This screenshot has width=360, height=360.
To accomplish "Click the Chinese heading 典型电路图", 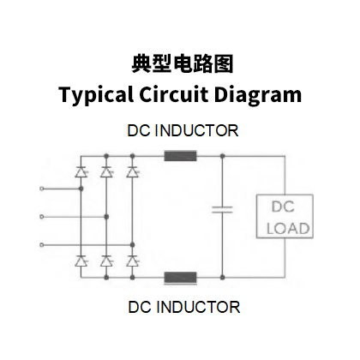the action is click(183, 63).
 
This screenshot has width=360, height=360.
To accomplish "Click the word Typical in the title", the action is click(96, 95).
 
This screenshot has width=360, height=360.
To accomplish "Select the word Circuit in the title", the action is click(174, 94).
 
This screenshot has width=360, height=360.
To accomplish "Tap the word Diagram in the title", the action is click(258, 95).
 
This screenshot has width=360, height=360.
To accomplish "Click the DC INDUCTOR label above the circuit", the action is click(183, 130).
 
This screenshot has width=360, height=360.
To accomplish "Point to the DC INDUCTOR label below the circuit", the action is click(184, 307).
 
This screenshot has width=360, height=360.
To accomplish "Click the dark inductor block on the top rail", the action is click(180, 156).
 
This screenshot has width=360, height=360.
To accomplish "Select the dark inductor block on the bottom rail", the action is click(180, 278).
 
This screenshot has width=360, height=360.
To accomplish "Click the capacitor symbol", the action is click(222, 210).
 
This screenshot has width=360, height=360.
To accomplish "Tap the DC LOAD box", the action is click(285, 216).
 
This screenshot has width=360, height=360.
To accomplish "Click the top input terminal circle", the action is click(42, 189).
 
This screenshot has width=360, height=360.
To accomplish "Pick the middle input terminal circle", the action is click(42, 217).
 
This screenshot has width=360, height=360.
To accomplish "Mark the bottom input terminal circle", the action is click(42, 245).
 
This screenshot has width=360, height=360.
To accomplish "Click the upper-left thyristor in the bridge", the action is click(81, 172).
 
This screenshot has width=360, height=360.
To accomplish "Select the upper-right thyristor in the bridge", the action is click(133, 172).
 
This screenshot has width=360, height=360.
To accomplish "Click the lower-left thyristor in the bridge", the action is click(81, 261).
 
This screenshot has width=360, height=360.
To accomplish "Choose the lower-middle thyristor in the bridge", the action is click(106, 261).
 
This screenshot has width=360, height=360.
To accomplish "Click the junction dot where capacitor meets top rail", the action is click(223, 156).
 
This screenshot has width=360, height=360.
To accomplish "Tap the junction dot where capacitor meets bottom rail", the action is click(223, 277).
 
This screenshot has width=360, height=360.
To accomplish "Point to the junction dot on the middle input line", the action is click(106, 217).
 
